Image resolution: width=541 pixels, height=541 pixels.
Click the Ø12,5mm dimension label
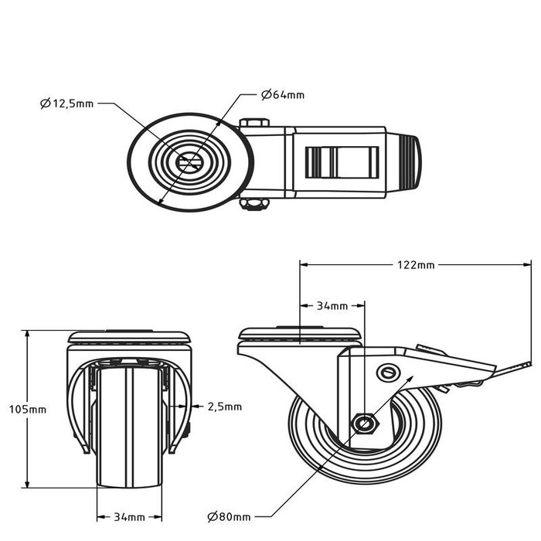click(x=67, y=103)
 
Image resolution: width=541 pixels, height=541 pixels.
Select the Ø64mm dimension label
click(x=283, y=95)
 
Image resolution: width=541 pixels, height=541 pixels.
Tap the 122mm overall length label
click(x=415, y=265)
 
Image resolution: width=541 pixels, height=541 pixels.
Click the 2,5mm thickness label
click(x=225, y=406)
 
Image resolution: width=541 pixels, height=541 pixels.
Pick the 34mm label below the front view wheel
click(x=129, y=516)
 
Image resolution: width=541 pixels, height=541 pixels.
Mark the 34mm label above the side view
click(x=332, y=306)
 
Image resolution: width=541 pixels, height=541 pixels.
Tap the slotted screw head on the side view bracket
click(x=389, y=373)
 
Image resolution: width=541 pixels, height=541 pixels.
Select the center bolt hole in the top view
click(x=189, y=162)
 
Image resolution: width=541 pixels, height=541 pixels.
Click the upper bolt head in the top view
click(x=254, y=123)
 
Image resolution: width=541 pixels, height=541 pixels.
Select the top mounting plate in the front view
click(x=129, y=337)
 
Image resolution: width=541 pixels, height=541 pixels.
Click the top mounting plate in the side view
click(x=299, y=335)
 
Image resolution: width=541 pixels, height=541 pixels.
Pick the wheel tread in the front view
click(x=129, y=433)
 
